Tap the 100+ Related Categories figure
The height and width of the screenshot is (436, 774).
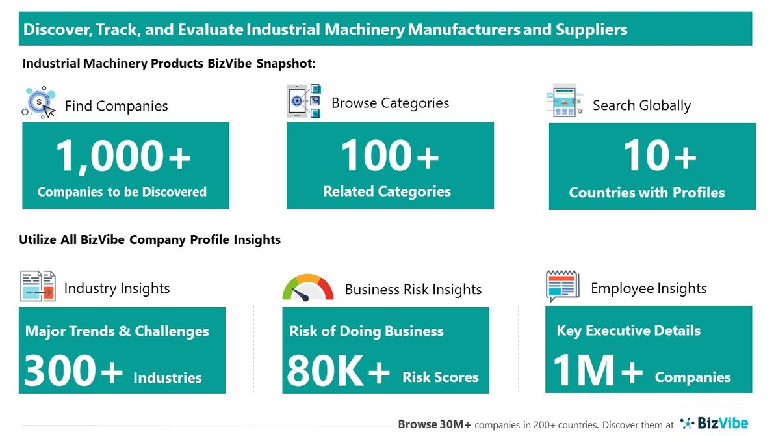390,157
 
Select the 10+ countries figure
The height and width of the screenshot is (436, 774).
660,157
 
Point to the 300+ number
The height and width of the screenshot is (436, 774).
73,372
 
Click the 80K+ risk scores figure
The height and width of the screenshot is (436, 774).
338,372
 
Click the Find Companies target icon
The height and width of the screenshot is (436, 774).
39,102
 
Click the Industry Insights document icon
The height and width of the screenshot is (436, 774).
38,286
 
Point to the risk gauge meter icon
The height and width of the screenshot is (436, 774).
307,288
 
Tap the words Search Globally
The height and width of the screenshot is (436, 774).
641,105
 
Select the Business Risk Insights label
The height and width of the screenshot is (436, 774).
413,290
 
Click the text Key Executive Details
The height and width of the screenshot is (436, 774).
628,331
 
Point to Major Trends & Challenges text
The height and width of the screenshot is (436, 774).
117,331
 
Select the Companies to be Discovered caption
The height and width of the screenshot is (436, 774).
122,192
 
